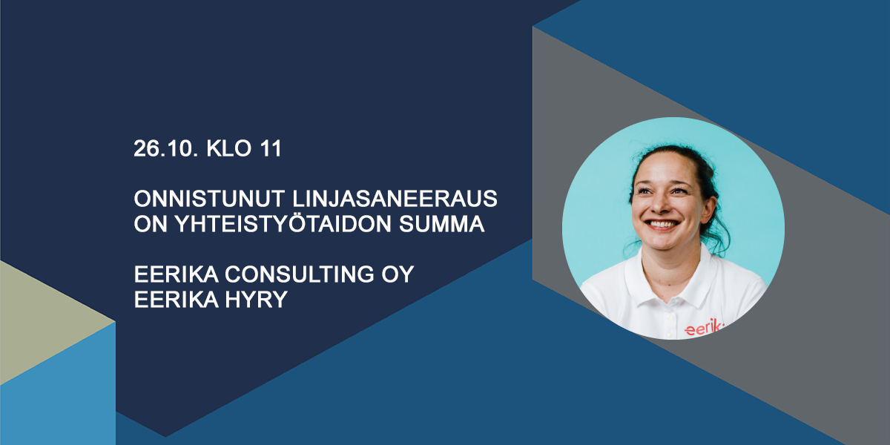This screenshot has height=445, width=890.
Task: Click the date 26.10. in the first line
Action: point(165,148)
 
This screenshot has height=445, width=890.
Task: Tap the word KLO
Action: point(229,148)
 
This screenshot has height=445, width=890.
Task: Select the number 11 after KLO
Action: point(271,148)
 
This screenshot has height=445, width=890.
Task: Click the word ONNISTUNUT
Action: point(209,198)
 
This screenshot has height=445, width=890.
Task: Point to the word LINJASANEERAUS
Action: point(395,198)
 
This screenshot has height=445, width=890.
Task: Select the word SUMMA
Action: point(441,224)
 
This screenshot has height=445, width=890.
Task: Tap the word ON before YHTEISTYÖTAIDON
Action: point(150,224)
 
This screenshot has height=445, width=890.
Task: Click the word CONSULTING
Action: point(300,274)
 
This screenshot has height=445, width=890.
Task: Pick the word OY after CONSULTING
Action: point(398,274)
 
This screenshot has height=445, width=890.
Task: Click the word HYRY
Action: point(256,299)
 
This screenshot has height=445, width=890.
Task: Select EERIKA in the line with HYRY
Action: point(176,299)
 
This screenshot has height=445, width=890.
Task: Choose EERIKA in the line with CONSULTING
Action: point(176,274)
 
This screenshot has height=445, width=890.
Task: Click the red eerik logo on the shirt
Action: point(704,328)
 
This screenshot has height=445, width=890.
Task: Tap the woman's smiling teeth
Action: point(662,225)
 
